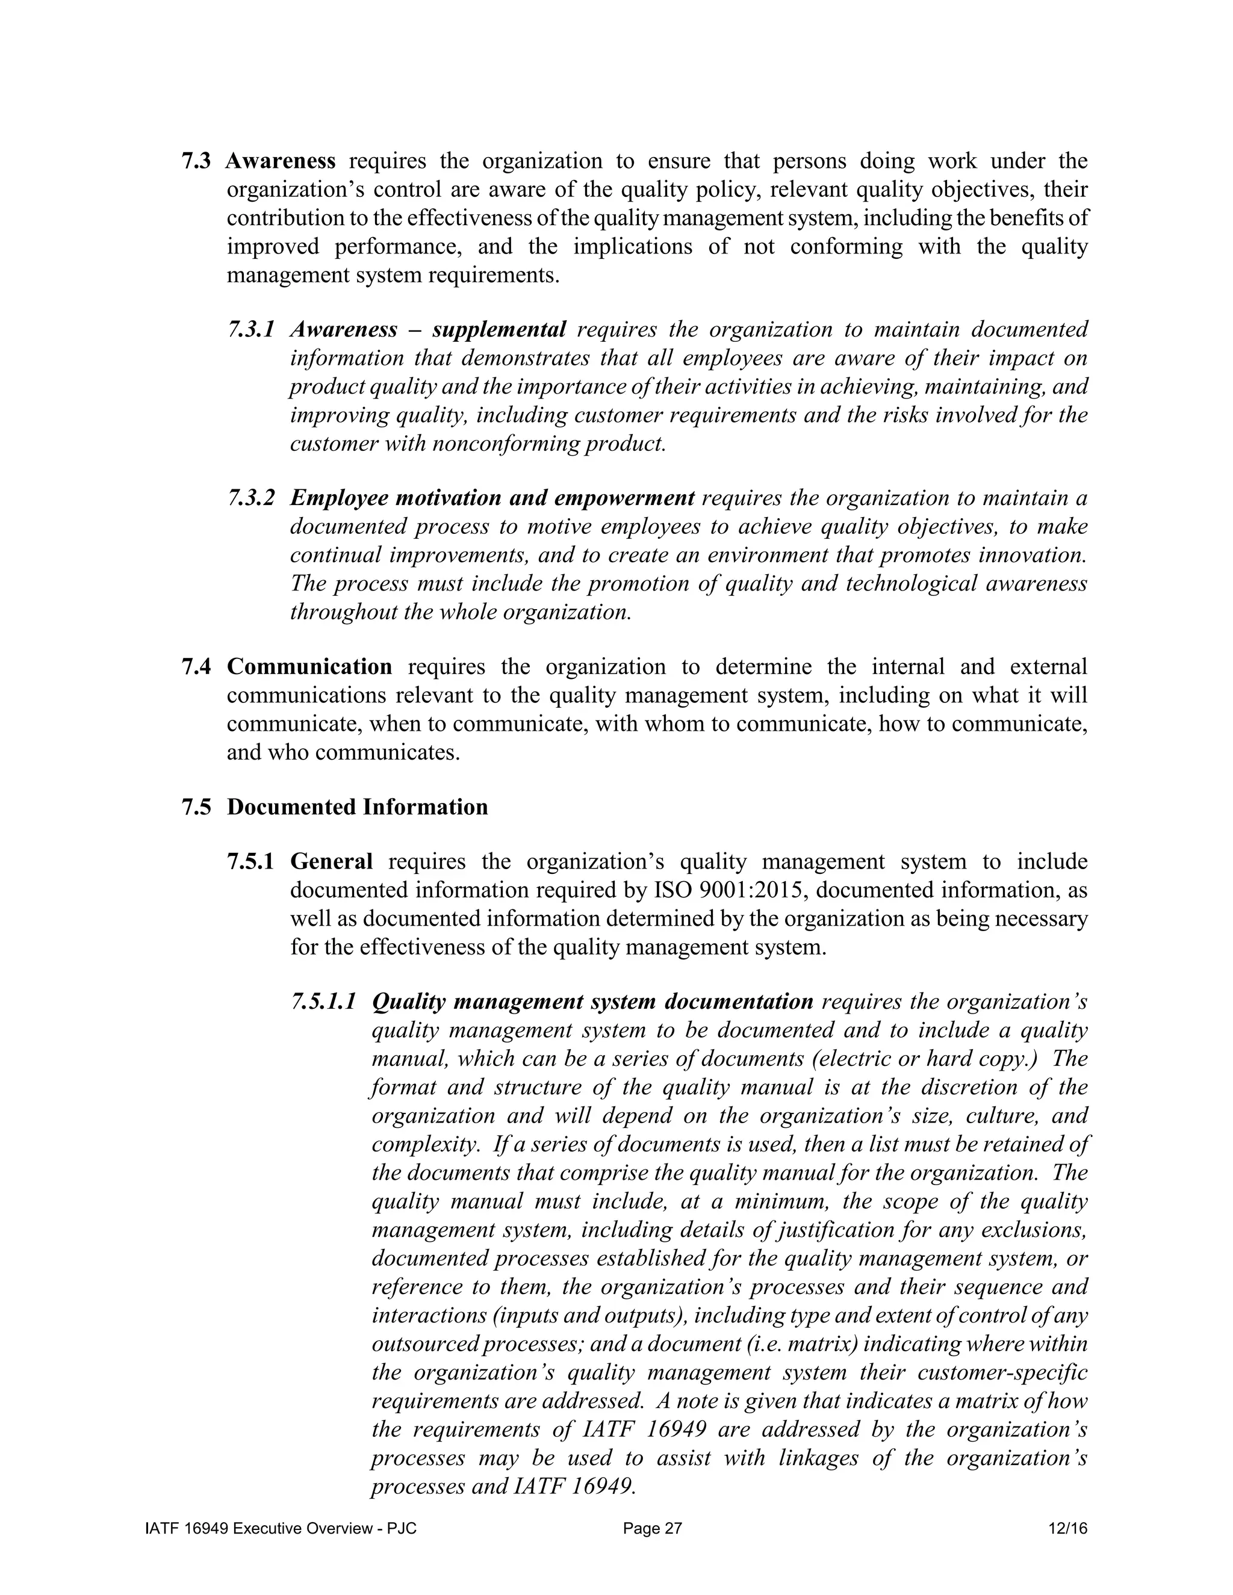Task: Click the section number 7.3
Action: [195, 161]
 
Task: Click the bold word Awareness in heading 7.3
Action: [281, 161]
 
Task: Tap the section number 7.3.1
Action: [250, 329]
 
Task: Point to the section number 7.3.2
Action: [250, 498]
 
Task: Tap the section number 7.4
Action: [196, 667]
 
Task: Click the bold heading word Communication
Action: [309, 667]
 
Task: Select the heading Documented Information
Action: [357, 807]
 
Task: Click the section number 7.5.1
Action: [250, 862]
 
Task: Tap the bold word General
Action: [331, 862]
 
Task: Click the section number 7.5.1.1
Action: [323, 1002]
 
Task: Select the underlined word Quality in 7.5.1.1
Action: [408, 1002]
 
